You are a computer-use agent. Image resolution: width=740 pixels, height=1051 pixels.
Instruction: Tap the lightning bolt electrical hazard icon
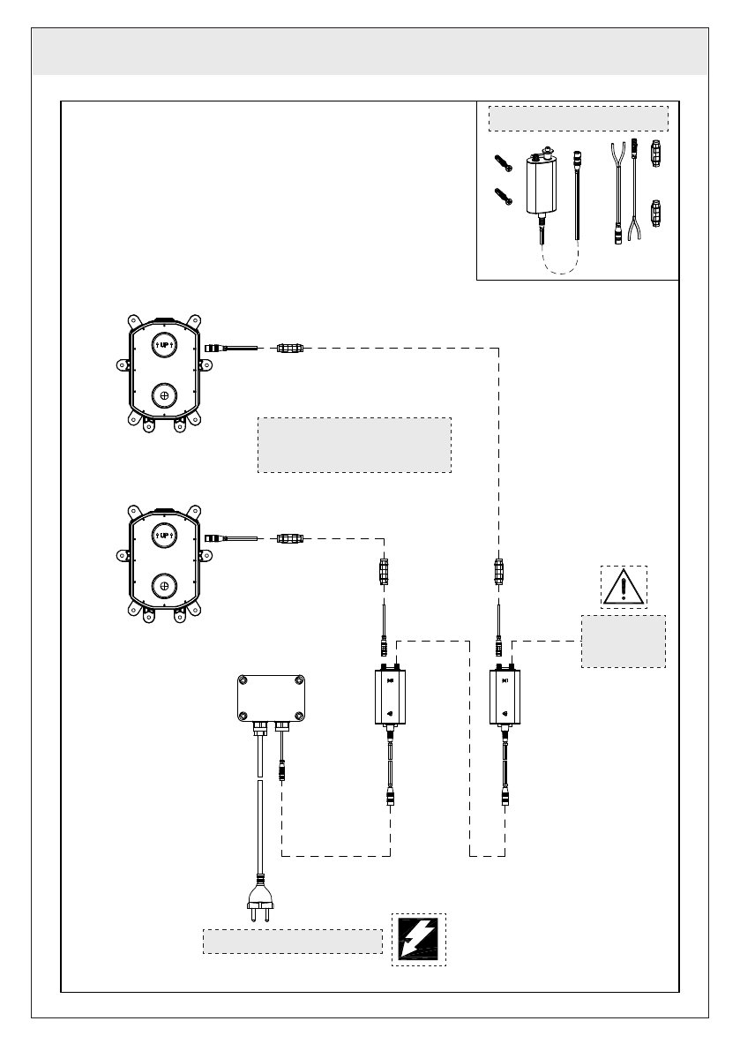click(419, 939)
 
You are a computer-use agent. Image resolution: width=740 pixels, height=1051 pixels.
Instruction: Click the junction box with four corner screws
click(271, 698)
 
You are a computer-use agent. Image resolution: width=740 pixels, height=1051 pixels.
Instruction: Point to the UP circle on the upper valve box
click(164, 345)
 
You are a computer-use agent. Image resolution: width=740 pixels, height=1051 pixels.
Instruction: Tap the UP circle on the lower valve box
click(164, 535)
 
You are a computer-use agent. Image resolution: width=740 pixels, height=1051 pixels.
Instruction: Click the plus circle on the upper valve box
click(164, 395)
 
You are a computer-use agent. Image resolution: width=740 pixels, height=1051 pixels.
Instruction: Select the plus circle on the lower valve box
click(164, 586)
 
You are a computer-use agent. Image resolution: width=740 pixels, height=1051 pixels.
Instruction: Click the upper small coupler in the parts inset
click(655, 154)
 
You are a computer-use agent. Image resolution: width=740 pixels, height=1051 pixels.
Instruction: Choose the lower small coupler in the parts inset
click(655, 214)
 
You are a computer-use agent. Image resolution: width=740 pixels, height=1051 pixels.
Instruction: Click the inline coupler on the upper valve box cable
click(290, 348)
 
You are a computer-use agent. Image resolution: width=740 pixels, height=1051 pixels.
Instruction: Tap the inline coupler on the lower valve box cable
click(290, 538)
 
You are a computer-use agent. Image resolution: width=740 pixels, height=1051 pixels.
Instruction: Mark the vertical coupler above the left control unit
click(385, 572)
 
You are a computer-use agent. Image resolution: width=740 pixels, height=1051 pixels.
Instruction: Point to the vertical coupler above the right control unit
click(499, 572)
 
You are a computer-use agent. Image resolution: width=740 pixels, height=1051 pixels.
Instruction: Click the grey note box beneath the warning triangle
click(624, 642)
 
